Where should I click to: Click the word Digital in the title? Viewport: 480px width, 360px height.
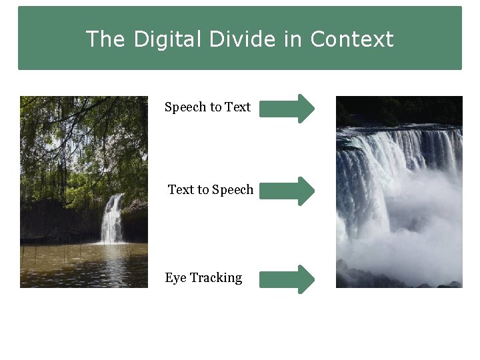tap(167, 39)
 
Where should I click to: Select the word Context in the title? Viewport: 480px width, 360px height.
tap(352, 39)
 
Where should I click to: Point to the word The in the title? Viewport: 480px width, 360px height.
tap(105, 39)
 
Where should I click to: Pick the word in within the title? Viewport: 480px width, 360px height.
tap(293, 39)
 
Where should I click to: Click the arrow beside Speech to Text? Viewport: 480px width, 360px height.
tap(287, 108)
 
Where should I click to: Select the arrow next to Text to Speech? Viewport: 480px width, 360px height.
tap(287, 191)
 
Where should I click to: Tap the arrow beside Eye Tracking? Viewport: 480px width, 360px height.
tap(287, 279)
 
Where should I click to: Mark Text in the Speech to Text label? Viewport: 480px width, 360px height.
tap(238, 107)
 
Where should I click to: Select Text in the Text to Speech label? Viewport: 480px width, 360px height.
tap(181, 189)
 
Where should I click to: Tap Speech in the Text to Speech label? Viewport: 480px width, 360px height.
tap(233, 190)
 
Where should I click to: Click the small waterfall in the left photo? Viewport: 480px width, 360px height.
tap(113, 219)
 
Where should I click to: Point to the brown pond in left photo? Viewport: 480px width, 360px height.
tap(80, 267)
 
